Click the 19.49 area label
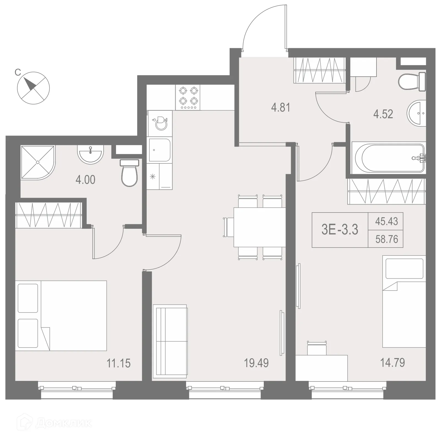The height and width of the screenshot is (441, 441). pyautogui.click(x=256, y=363)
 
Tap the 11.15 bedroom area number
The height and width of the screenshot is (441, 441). pyautogui.click(x=119, y=363)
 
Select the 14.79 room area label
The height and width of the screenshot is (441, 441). pyautogui.click(x=392, y=363)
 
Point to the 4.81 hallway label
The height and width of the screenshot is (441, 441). pyautogui.click(x=281, y=107)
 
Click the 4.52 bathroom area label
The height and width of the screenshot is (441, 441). pyautogui.click(x=383, y=114)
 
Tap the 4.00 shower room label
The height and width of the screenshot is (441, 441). pyautogui.click(x=85, y=180)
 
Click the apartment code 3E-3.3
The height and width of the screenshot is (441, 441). pyautogui.click(x=340, y=230)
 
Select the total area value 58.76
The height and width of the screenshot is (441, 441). pyautogui.click(x=386, y=239)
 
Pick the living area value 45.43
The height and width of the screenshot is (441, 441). pyautogui.click(x=386, y=221)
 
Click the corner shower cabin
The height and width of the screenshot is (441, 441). pyautogui.click(x=37, y=163)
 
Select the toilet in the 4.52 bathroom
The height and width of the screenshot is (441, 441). pyautogui.click(x=412, y=81)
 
